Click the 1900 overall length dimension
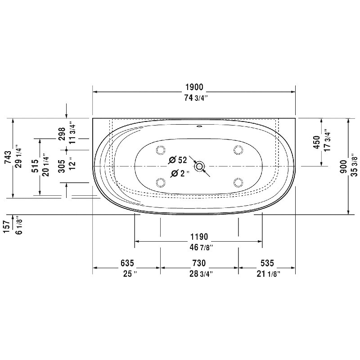tap(194, 87)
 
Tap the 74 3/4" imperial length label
tap(196, 98)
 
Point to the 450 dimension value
tap(317, 142)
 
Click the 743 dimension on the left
tap(8, 157)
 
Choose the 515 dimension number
tap(35, 166)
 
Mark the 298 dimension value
tap(62, 134)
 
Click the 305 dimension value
tap(62, 166)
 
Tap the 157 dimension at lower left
tap(7, 226)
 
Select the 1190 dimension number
tap(199, 237)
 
